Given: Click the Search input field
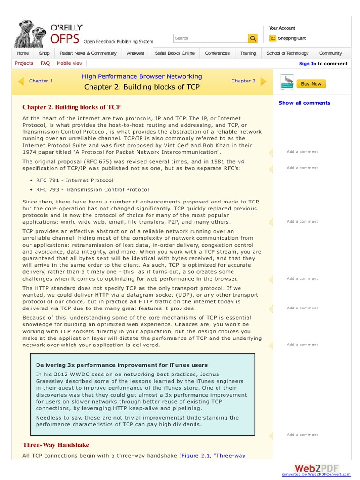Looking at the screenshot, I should (x=210, y=38).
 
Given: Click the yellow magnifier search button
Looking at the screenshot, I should (x=253, y=38).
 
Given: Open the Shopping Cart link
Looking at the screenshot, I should (x=291, y=38).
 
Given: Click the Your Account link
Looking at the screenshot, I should (x=282, y=28).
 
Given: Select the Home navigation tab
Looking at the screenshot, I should (x=22, y=53).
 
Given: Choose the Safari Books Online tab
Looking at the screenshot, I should (x=174, y=53).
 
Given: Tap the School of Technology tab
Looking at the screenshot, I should (x=287, y=53).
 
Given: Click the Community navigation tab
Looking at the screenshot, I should (x=330, y=53).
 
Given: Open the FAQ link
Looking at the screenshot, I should (x=45, y=63).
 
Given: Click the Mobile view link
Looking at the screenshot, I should (x=70, y=63).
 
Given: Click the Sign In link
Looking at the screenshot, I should (x=307, y=64).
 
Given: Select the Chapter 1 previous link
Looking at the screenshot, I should (x=41, y=81).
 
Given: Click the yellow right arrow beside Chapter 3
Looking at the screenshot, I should (x=263, y=81).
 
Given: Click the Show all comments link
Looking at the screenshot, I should (x=304, y=103).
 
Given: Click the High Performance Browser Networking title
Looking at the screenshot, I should (x=142, y=76).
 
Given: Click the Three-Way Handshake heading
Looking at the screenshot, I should (x=56, y=445).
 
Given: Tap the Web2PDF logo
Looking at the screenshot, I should (x=316, y=468).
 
